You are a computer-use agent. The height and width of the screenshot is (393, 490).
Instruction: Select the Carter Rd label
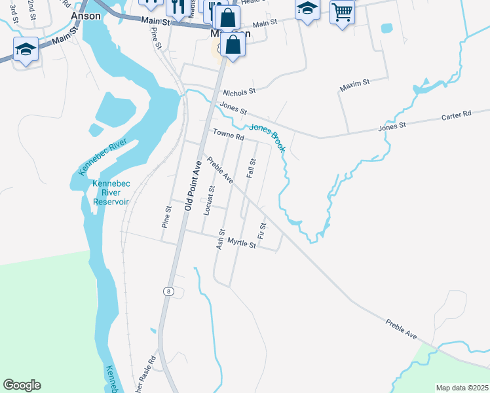[456, 115]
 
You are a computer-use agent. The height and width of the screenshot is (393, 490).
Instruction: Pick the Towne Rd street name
[228, 136]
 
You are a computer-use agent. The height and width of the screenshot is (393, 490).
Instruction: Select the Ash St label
[221, 238]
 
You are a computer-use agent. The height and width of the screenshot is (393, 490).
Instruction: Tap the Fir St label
[262, 231]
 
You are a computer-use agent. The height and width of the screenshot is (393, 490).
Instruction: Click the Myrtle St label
[241, 243]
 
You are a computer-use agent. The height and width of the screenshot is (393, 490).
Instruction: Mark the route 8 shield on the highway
[169, 291]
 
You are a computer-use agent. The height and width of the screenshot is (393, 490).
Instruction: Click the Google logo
[22, 385]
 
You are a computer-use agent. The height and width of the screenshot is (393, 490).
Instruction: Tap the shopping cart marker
[342, 12]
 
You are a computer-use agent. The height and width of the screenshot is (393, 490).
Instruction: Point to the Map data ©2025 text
[461, 388]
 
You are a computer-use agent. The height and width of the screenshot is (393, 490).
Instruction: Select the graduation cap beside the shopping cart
[307, 9]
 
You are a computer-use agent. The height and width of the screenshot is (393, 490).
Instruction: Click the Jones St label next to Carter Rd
[392, 124]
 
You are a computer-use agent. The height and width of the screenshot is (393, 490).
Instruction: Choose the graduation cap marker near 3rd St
[26, 49]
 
